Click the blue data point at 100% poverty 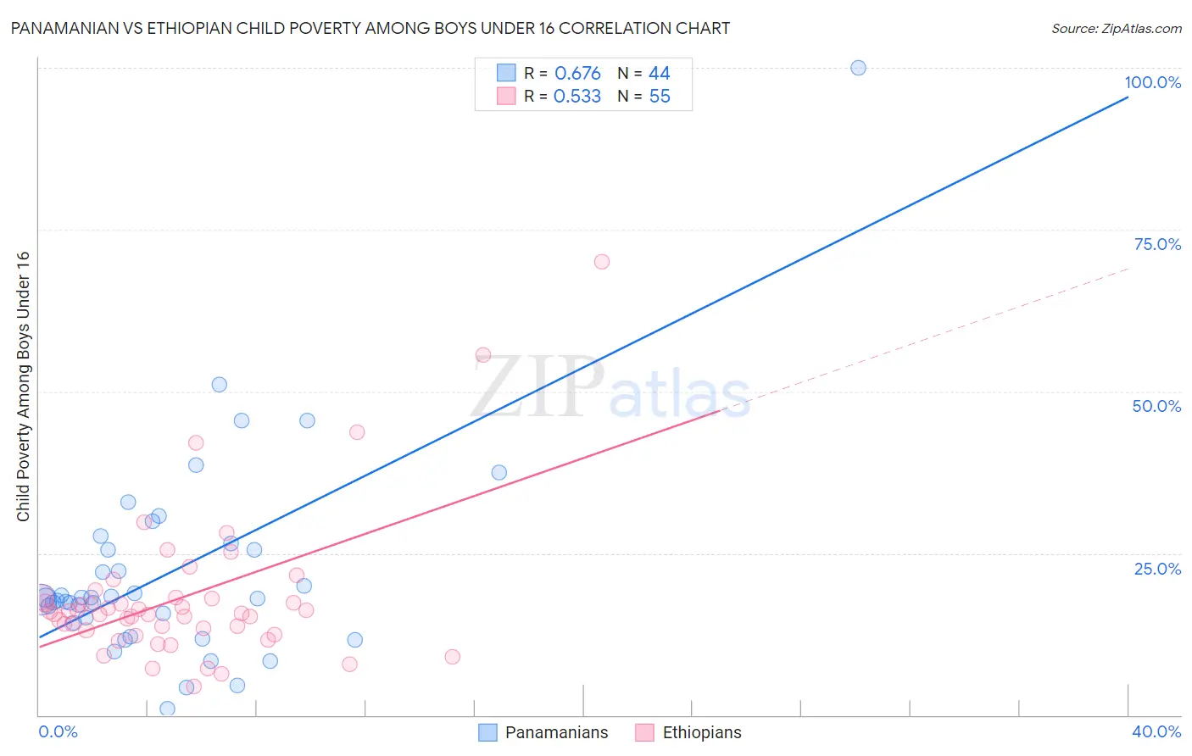pos(858,68)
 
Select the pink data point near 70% pos(602,262)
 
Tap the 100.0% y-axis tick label pos(1152,82)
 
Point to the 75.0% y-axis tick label pos(1157,244)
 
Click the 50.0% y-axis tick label pos(1156,406)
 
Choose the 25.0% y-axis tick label pos(1157,569)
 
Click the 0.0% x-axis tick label pos(58,731)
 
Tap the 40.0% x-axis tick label pos(1156,731)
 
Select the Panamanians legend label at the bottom pos(556,732)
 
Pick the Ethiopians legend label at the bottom pos(701,732)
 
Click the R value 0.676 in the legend pos(577,74)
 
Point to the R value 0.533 pos(577,97)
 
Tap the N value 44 pos(659,74)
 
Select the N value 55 pos(659,97)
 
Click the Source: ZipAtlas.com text pos(1116,29)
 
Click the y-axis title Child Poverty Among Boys pos(23,386)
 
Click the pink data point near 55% pos(483,355)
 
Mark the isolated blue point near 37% pos(499,472)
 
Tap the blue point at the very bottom pos(167,709)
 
